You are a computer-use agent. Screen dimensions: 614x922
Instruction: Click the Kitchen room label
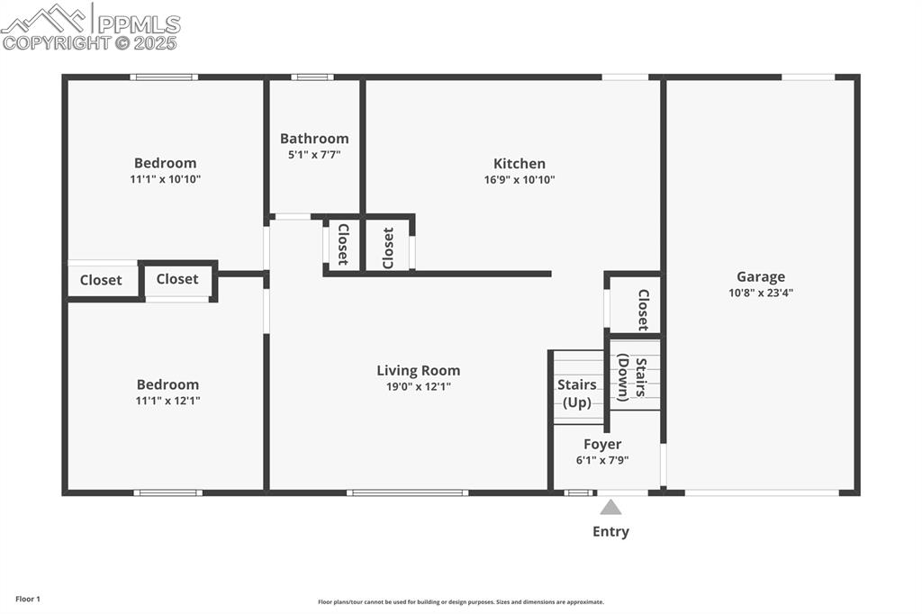tap(519, 164)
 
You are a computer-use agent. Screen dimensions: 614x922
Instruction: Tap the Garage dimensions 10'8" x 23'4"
tap(761, 293)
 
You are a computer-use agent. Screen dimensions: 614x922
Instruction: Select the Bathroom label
tap(314, 139)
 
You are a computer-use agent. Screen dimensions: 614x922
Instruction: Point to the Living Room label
tap(418, 370)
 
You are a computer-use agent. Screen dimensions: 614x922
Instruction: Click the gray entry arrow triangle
tap(610, 508)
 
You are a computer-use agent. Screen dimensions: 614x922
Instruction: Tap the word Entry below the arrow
tap(610, 532)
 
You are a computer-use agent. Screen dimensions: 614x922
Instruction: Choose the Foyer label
tap(602, 444)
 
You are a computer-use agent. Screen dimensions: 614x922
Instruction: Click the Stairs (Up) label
tap(577, 393)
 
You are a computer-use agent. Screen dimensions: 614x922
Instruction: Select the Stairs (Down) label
tap(635, 379)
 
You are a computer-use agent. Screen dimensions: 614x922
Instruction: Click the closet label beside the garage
tap(643, 310)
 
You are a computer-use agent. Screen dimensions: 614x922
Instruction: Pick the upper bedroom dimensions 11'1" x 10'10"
tap(165, 179)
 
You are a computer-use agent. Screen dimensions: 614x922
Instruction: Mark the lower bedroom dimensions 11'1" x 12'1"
tap(167, 401)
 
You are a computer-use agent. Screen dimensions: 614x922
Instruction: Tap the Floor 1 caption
tap(28, 599)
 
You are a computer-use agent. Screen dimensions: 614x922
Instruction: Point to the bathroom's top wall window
tap(312, 77)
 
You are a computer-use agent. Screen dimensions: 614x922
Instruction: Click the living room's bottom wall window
tap(407, 492)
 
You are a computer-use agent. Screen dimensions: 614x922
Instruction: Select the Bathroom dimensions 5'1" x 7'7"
tap(314, 155)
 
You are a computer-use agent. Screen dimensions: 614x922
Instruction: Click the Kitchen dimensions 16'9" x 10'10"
tap(519, 180)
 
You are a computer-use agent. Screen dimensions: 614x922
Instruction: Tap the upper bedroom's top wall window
tap(164, 77)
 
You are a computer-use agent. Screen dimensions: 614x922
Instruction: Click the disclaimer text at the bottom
tap(460, 602)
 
